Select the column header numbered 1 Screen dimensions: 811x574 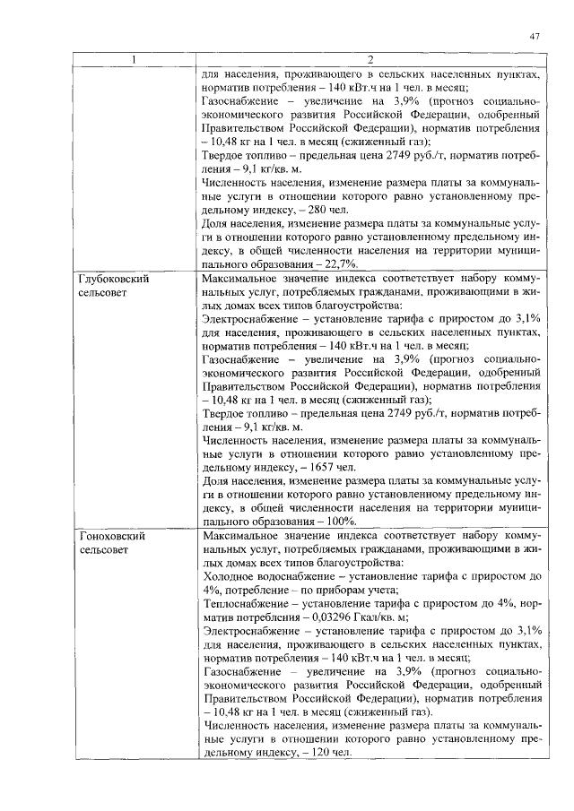(134, 60)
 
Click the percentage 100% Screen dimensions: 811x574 (337, 522)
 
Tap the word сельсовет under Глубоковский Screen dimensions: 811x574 (106, 293)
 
